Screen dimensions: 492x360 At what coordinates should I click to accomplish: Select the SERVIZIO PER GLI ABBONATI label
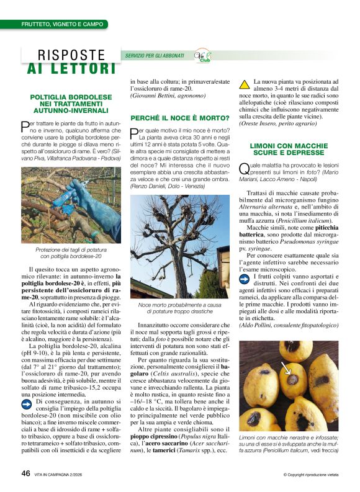point(155,56)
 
